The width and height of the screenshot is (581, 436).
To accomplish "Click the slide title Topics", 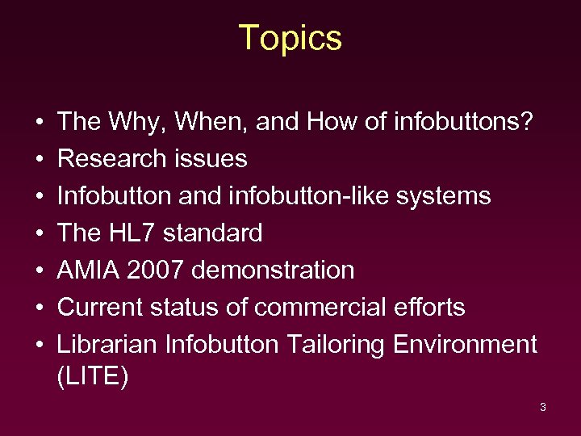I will click(x=290, y=38).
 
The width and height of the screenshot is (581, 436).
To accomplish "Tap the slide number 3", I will click(x=542, y=407).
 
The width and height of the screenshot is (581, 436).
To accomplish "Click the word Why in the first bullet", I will click(x=129, y=122).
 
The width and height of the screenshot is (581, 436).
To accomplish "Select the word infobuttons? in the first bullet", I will click(x=464, y=122).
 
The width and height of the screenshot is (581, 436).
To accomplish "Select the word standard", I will click(x=213, y=233).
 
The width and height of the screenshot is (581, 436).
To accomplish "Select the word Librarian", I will click(x=107, y=345).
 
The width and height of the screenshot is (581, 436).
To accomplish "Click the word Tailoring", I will click(x=331, y=345).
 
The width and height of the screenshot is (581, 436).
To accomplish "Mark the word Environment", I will click(x=465, y=345).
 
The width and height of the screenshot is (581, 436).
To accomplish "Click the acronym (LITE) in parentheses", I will click(x=93, y=377).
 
